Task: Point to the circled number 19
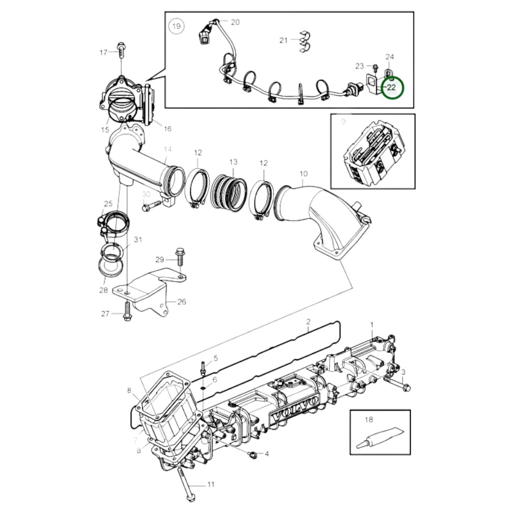click(x=176, y=26)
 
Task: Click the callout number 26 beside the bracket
click(x=181, y=302)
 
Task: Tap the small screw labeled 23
click(x=375, y=66)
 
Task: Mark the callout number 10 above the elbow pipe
click(x=303, y=174)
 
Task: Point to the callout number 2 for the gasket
click(x=308, y=322)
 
